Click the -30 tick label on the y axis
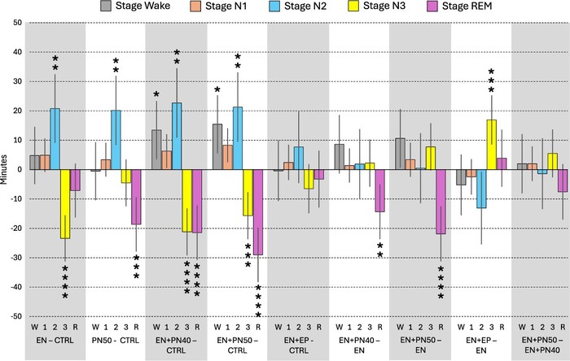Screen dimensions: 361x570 tap(14, 258)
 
